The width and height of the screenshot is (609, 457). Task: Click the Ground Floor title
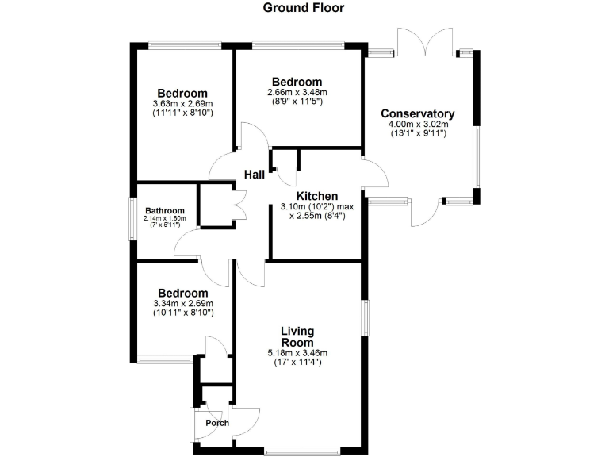pos(304,9)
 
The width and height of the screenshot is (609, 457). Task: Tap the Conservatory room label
pos(417,113)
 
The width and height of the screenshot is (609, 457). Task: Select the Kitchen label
pos(317,196)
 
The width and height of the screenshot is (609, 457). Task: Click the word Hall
pos(254,175)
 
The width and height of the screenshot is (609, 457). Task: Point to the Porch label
pos(217,423)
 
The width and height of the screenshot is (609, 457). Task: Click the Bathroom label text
pos(164,210)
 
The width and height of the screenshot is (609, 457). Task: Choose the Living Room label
pos(297,336)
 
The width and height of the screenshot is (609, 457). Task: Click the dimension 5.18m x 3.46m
pos(297,353)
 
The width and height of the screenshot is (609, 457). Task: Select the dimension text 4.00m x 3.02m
pos(418,124)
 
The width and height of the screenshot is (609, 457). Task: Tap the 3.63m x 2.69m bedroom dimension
pos(182,103)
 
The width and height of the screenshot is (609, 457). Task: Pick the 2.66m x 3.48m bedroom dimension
pos(297,92)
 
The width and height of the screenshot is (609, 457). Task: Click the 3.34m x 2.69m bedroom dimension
pos(182,303)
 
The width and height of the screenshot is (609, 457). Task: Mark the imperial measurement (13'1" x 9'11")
pos(418,133)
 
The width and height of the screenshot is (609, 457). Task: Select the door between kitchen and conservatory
pos(373,173)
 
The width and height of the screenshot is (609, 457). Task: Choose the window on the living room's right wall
pos(364,317)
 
